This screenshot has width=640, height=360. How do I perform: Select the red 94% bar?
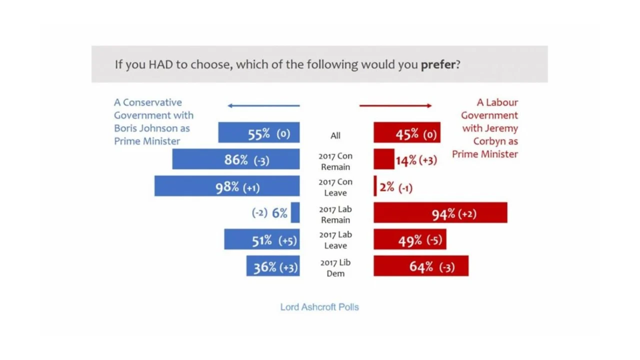pyautogui.click(x=440, y=212)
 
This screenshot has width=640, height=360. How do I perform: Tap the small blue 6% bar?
pyautogui.click(x=295, y=212)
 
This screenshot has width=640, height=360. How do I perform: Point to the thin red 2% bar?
pyautogui.click(x=375, y=186)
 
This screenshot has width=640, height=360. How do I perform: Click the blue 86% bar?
pyautogui.click(x=235, y=159)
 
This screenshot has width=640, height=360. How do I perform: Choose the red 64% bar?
pyautogui.click(x=420, y=266)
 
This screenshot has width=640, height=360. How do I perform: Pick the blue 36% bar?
pyautogui.click(x=272, y=266)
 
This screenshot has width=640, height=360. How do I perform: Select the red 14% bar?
pyautogui.click(x=383, y=159)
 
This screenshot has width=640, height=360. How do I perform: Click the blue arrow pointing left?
pyautogui.click(x=263, y=105)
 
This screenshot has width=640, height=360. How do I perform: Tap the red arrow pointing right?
pyautogui.click(x=395, y=105)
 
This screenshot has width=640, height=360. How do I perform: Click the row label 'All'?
pyautogui.click(x=335, y=135)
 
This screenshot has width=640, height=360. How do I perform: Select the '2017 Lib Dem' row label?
pyautogui.click(x=335, y=268)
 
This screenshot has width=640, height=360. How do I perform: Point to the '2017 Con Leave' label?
pyautogui.click(x=335, y=187)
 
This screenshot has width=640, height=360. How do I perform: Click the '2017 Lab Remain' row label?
pyautogui.click(x=335, y=214)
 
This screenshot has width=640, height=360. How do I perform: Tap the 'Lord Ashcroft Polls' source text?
pyautogui.click(x=319, y=307)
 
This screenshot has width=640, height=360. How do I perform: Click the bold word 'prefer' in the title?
pyautogui.click(x=438, y=64)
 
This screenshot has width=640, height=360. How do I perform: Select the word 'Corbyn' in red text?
pyautogui.click(x=488, y=141)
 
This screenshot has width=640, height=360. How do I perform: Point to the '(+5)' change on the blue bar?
pyautogui.click(x=287, y=240)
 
